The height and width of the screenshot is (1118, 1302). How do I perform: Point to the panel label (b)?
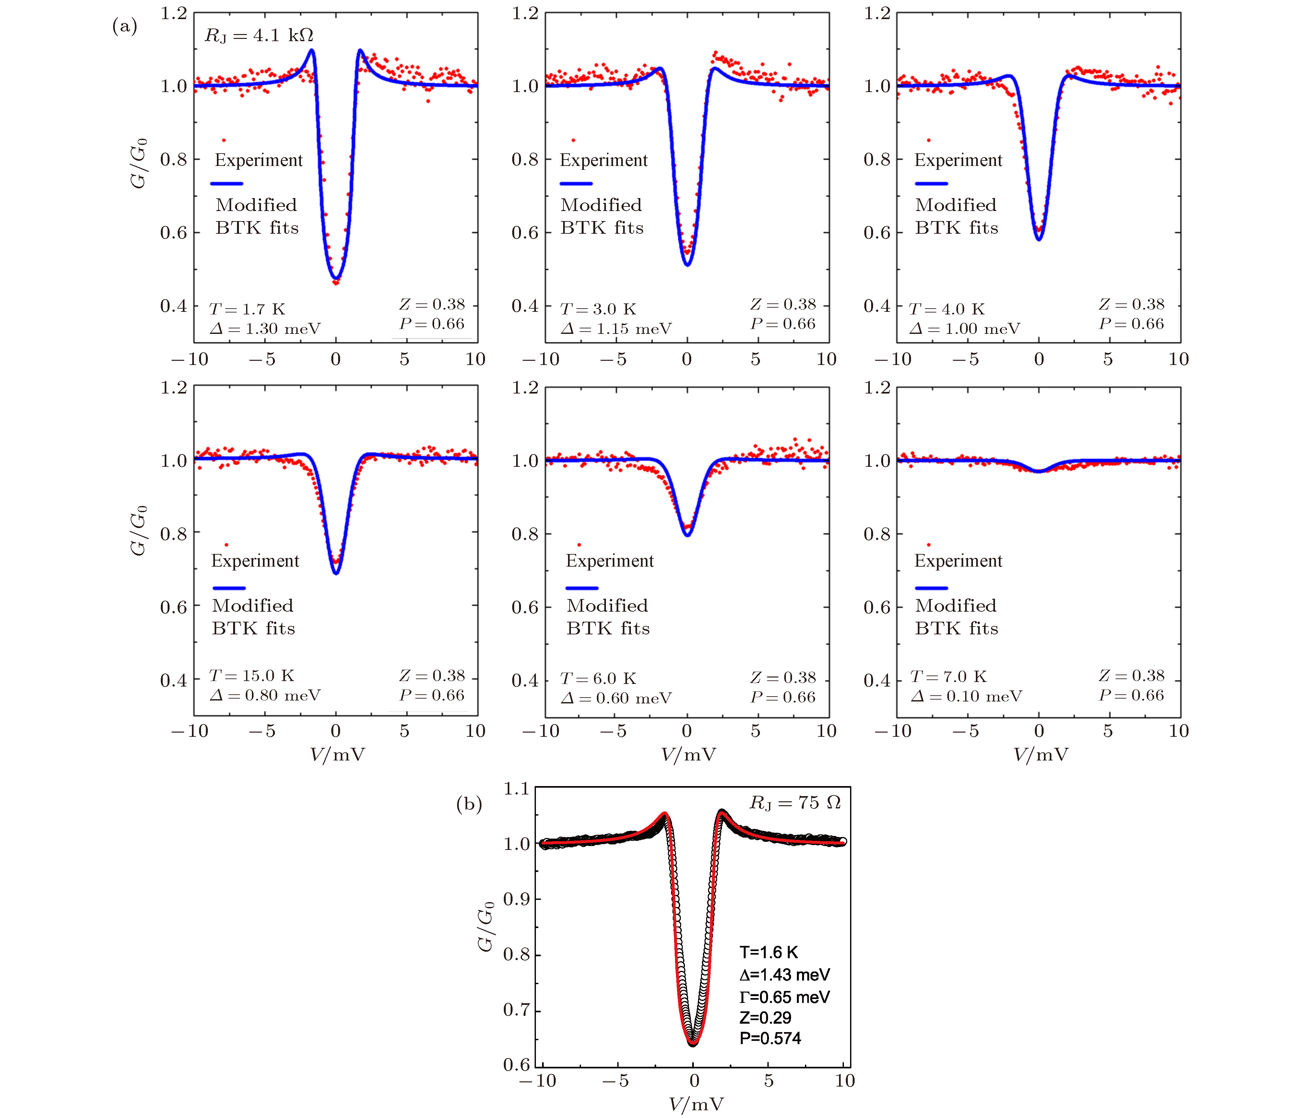(x=469, y=805)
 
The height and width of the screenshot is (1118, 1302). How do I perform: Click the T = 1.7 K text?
(x=247, y=309)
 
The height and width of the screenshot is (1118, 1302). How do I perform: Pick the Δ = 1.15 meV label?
(x=616, y=329)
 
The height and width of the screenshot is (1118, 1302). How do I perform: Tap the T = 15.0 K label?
(x=251, y=676)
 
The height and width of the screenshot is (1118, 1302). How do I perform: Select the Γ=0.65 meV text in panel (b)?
(x=784, y=997)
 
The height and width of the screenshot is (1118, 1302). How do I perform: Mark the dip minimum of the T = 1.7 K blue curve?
(x=336, y=278)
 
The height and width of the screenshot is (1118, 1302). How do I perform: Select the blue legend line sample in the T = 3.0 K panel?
(x=575, y=183)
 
